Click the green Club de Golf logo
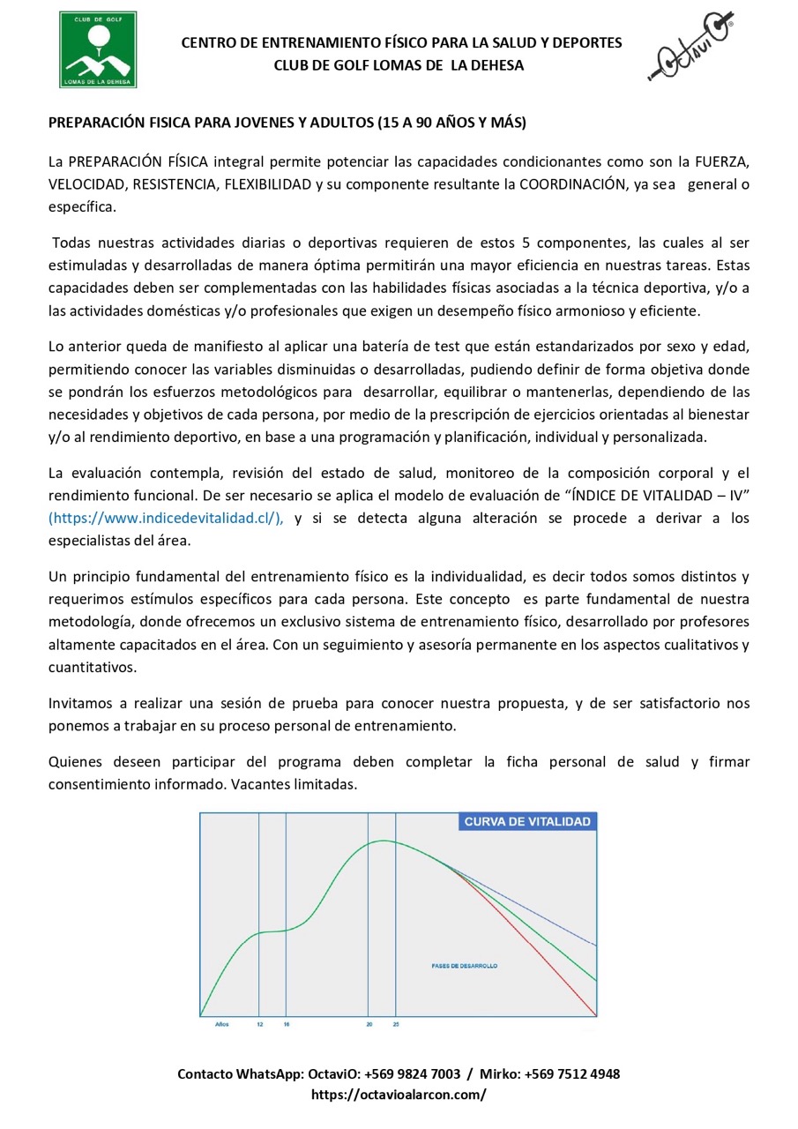[98, 49]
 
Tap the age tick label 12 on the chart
[259, 1025]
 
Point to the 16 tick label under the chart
[287, 1025]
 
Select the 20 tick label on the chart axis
[369, 1025]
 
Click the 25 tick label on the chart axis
[396, 1025]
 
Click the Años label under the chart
[222, 1025]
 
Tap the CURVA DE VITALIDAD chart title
[527, 822]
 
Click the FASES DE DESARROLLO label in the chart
[465, 966]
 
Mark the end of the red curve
[596, 1015]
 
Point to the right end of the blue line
[596, 946]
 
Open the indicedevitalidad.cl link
[166, 519]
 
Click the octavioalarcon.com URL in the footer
[399, 1095]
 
